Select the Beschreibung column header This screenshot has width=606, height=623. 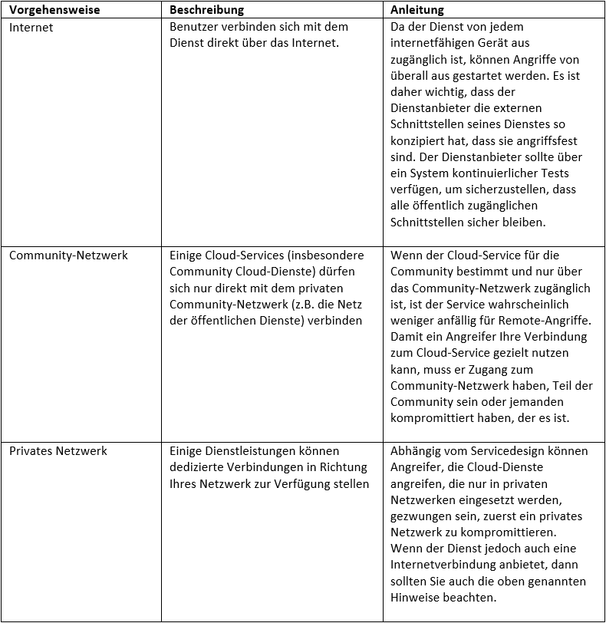(206, 10)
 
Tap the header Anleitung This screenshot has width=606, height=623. (417, 10)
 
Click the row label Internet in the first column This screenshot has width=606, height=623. (31, 27)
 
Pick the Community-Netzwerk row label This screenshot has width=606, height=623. (68, 255)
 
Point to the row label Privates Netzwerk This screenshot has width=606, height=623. (58, 451)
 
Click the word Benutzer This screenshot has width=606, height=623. (196, 27)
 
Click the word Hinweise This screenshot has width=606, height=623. (415, 598)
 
